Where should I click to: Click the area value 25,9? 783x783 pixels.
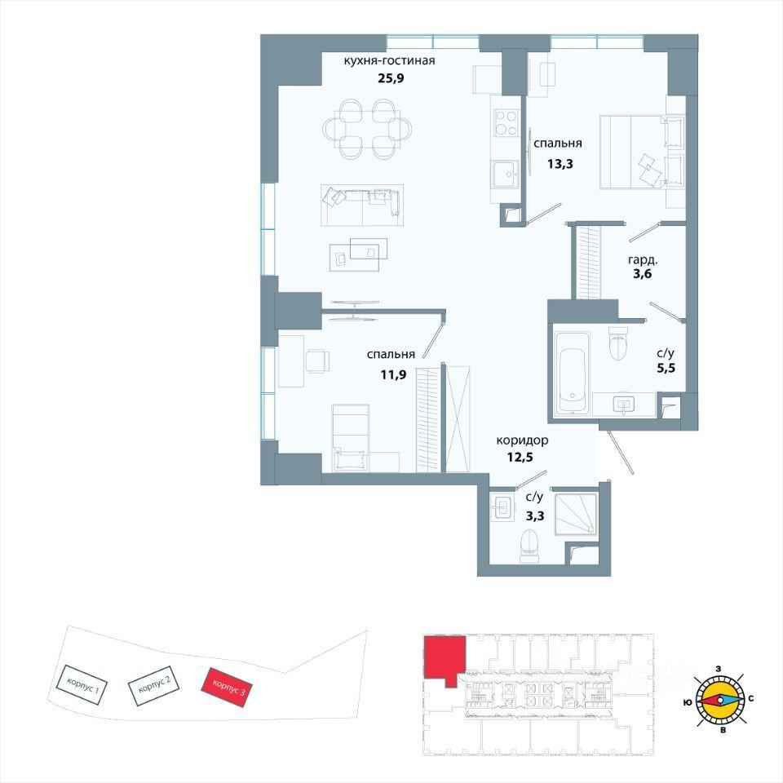pos(389,77)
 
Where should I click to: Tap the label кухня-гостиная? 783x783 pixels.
pos(390,60)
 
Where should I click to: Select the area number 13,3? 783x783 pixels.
pos(560,163)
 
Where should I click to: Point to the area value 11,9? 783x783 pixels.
pos(393,374)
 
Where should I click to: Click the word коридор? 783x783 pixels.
pos(522,440)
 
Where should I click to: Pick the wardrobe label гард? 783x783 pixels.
pos(643,260)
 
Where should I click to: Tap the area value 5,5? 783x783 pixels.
pos(666,369)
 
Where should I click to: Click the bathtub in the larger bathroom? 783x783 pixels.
pos(573,373)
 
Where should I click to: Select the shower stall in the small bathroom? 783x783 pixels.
pos(577,515)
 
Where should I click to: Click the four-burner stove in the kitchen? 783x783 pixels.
pos(505,123)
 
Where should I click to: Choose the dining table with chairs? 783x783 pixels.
pos(368,130)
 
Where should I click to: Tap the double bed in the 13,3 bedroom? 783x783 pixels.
pos(642,152)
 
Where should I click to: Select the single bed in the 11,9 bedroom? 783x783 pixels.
pos(351,437)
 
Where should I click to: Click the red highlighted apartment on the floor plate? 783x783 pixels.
pos(444,658)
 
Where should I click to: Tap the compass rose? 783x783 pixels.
pos(719,700)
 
